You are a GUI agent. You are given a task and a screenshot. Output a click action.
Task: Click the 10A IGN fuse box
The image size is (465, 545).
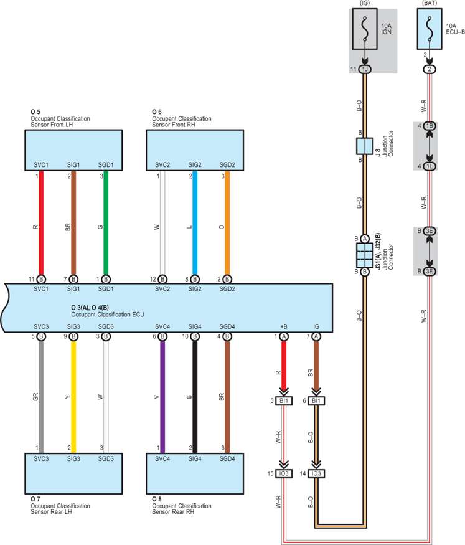(x=365, y=29)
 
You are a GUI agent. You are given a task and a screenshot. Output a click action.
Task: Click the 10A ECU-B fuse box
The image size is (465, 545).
(x=430, y=29)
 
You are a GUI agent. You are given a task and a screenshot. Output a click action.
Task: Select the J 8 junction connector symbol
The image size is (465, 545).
(x=365, y=146)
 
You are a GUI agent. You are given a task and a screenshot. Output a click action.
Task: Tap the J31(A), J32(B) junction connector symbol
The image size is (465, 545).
(x=365, y=255)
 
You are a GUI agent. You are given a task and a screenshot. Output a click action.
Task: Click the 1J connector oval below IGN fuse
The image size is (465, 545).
(x=365, y=69)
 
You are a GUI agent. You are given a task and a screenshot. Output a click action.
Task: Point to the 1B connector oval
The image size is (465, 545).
(x=430, y=126)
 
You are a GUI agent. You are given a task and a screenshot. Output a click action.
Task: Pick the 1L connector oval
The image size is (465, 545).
(x=430, y=166)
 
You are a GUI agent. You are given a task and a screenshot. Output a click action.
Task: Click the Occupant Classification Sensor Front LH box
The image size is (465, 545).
(x=73, y=150)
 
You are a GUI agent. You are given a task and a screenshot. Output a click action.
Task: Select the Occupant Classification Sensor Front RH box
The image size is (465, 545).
(x=195, y=150)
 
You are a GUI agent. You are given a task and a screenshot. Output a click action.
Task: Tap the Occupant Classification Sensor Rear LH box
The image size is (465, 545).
(x=73, y=473)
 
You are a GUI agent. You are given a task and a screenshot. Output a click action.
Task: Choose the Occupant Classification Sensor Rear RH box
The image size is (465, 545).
(x=195, y=473)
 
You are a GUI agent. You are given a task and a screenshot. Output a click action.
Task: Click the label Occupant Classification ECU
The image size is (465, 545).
(x=108, y=315)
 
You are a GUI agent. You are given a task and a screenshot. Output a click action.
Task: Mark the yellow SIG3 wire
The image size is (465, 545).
(x=73, y=397)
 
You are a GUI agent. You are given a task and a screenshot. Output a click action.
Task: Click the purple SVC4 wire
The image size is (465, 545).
(x=162, y=397)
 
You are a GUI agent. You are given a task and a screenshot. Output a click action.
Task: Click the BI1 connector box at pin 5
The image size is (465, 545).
(x=284, y=400)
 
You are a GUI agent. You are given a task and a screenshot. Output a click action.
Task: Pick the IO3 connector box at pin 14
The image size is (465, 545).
(x=316, y=473)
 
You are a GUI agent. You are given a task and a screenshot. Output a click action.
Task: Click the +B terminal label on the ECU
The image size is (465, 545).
(x=284, y=326)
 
